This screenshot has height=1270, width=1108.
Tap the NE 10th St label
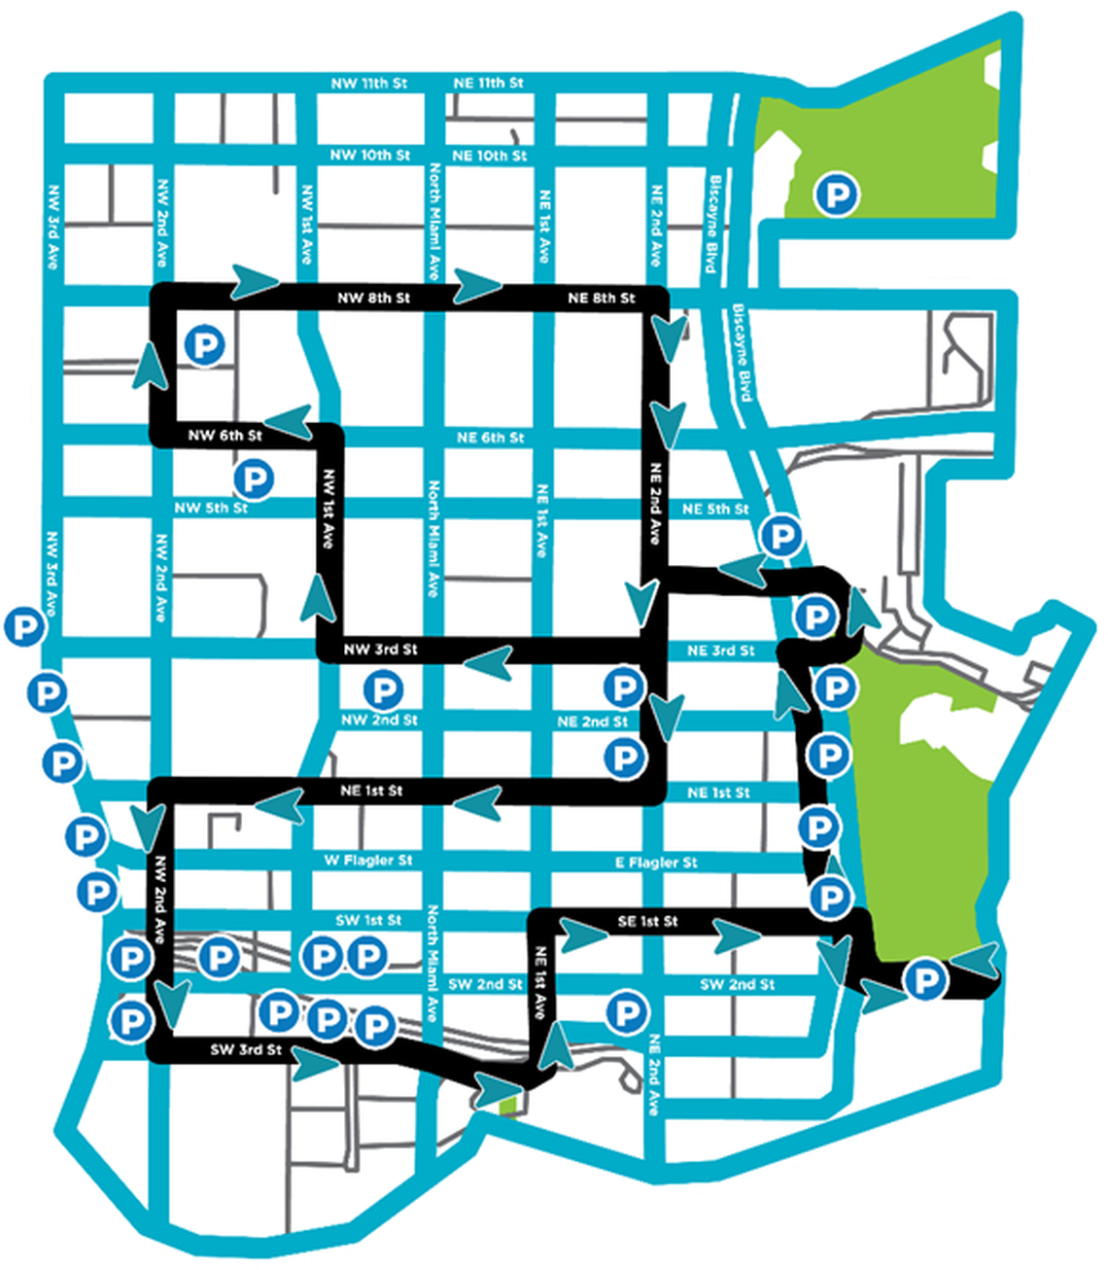coord(490,156)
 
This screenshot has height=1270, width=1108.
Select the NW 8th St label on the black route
coord(374,298)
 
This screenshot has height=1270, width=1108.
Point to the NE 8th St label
coord(602,298)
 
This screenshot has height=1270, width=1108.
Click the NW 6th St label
coord(225,436)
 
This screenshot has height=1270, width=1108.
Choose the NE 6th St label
coord(491,439)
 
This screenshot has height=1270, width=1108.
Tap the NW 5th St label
coord(211,508)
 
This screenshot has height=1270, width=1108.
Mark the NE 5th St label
coord(716,510)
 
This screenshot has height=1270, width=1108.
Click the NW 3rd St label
coord(381,649)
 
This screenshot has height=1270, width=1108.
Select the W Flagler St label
coord(368,861)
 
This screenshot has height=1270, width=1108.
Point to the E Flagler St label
coord(656,863)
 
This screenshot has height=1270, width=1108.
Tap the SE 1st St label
coord(648,921)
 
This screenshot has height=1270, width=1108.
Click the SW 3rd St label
coord(246,1050)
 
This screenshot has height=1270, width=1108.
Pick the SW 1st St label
coord(368,920)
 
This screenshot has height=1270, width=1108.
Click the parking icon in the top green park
coord(836,194)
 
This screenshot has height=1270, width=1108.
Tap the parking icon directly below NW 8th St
coord(205,344)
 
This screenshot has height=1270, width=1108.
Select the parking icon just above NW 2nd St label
coord(382,690)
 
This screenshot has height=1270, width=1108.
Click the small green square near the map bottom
coord(506,1105)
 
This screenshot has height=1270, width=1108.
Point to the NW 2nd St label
coord(379,721)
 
